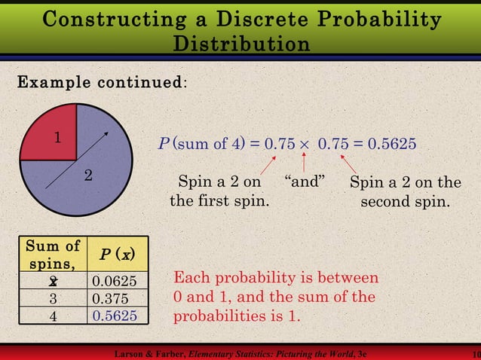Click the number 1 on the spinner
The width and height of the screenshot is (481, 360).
click(x=57, y=138)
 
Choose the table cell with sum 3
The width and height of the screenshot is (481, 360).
click(x=53, y=298)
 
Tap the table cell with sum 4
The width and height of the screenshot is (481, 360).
click(x=53, y=316)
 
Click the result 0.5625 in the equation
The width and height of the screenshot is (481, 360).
click(x=391, y=144)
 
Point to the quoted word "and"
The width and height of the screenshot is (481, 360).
click(x=305, y=182)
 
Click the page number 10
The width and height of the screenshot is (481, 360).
click(x=473, y=353)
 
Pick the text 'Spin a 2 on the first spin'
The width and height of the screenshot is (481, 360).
click(x=219, y=192)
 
